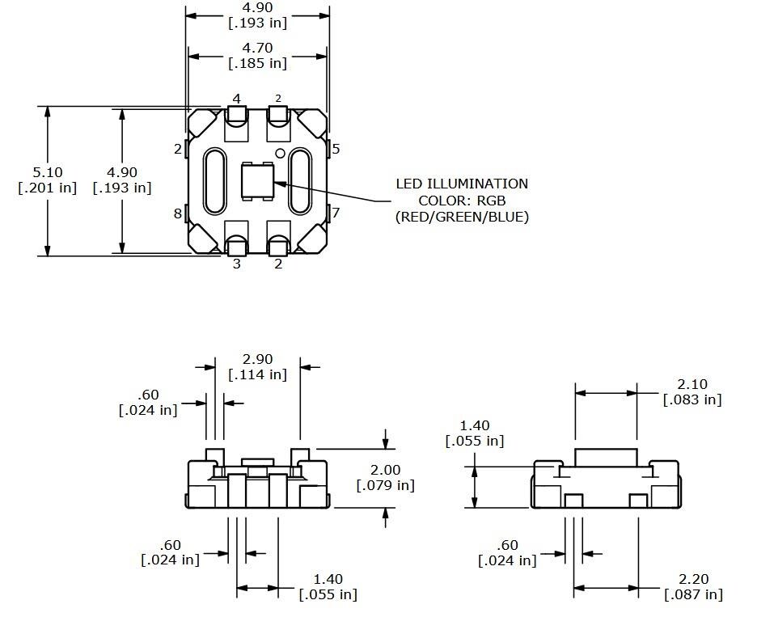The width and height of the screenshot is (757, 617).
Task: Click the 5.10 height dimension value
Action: click(47, 172)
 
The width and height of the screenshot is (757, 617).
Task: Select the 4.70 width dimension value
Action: click(258, 48)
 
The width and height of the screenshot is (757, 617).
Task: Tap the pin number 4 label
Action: click(237, 99)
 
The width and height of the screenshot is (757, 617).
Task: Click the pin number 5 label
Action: click(336, 149)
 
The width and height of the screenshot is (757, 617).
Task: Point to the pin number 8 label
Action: click(178, 213)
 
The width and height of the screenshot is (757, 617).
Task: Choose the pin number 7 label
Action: click(336, 213)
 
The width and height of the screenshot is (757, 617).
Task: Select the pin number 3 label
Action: click(237, 264)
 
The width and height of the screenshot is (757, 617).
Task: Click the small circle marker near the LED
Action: click(281, 153)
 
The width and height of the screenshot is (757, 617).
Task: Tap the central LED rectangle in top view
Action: click(259, 180)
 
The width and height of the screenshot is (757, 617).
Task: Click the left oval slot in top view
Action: click(215, 181)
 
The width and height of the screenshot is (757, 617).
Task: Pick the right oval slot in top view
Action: click(300, 181)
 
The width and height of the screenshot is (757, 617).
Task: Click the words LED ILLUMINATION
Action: click(462, 184)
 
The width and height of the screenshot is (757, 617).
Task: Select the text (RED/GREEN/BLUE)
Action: click(462, 216)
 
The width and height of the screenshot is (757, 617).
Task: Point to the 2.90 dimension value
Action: click(258, 359)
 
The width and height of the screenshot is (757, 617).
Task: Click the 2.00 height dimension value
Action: click(385, 470)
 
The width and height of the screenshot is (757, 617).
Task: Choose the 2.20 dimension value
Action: click(693, 580)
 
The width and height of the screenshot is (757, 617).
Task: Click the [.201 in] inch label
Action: click(47, 188)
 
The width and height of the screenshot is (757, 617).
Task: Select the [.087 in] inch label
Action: click(693, 595)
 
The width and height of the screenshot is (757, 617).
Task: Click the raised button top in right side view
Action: click(606, 456)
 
